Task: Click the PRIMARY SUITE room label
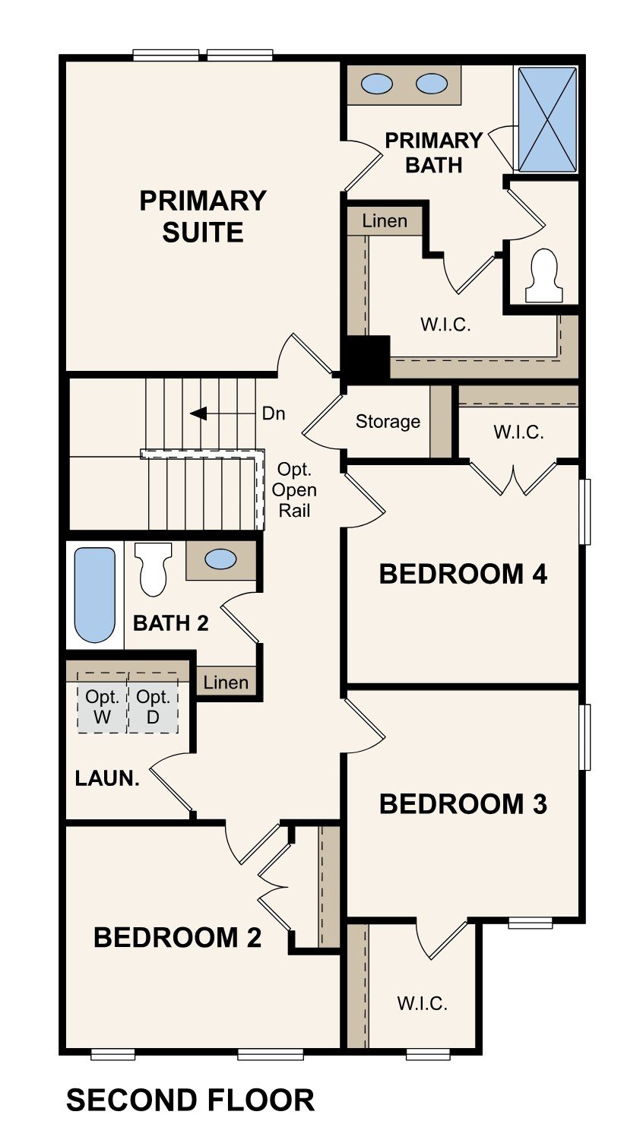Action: click(203, 216)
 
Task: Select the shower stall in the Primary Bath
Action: click(546, 119)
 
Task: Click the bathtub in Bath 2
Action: click(95, 594)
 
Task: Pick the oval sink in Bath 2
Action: click(220, 560)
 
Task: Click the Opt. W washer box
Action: click(102, 705)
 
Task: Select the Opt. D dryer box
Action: click(153, 705)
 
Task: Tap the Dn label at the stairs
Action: click(274, 413)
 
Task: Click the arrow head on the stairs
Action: click(199, 413)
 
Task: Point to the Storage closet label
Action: click(388, 422)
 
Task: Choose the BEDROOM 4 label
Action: click(463, 574)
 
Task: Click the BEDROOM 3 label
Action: click(463, 803)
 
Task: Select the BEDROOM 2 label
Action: click(177, 937)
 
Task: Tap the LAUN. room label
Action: click(107, 778)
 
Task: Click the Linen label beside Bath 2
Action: click(226, 683)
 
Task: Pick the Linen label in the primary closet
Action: click(385, 221)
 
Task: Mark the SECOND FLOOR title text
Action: click(190, 1101)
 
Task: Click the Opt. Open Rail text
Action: click(294, 489)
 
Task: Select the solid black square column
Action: click(367, 359)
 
